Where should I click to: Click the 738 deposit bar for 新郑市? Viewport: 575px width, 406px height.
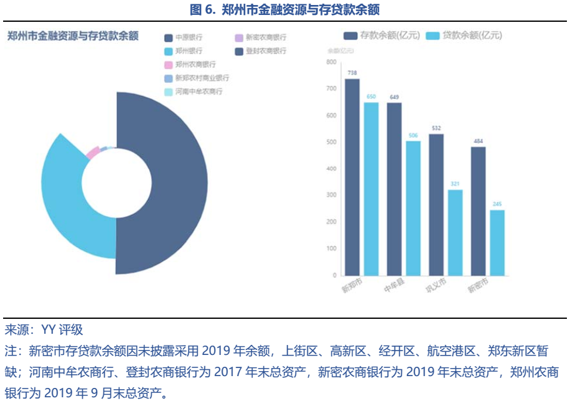(352, 177)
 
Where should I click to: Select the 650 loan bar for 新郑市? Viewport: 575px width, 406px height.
(371, 189)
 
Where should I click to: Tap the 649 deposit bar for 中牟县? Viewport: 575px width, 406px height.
(394, 189)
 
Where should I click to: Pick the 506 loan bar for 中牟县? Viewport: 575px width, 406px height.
(413, 208)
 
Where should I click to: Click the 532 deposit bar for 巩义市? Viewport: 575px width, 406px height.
(436, 204)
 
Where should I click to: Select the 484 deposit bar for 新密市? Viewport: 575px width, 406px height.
(478, 210)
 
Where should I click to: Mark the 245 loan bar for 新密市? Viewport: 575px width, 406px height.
(497, 242)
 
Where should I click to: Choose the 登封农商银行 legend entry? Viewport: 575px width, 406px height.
(261, 51)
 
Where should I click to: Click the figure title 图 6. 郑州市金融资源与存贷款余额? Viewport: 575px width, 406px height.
(287, 9)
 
